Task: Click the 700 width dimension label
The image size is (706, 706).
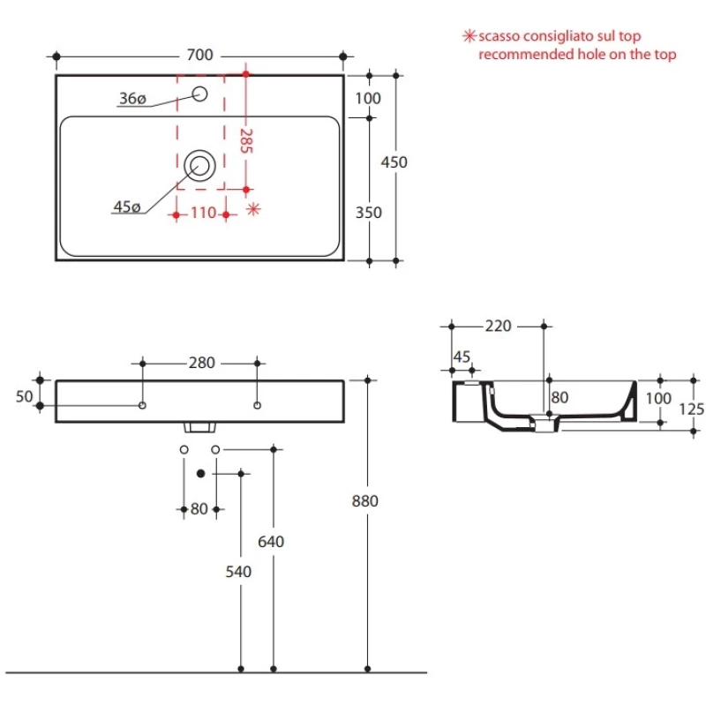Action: point(200,55)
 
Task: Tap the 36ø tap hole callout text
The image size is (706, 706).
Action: point(133,98)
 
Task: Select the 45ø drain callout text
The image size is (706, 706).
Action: point(127,207)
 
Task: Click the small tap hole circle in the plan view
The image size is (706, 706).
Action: point(200,94)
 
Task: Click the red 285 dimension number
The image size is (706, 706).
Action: point(246,141)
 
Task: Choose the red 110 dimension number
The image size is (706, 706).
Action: point(204,213)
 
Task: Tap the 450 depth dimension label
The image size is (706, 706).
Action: point(394,162)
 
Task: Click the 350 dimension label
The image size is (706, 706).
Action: point(369,213)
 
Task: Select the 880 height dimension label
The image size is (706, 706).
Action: point(365,500)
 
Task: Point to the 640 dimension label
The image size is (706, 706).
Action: point(271,541)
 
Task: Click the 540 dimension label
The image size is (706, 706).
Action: point(238,571)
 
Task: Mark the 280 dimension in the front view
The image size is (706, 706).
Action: point(202,363)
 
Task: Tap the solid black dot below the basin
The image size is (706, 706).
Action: point(201,473)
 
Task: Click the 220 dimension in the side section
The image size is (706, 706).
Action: point(499,326)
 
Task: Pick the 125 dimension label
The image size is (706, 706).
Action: point(692,409)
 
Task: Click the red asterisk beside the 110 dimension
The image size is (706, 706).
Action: point(254,209)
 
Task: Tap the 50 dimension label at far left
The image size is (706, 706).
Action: point(25,396)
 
